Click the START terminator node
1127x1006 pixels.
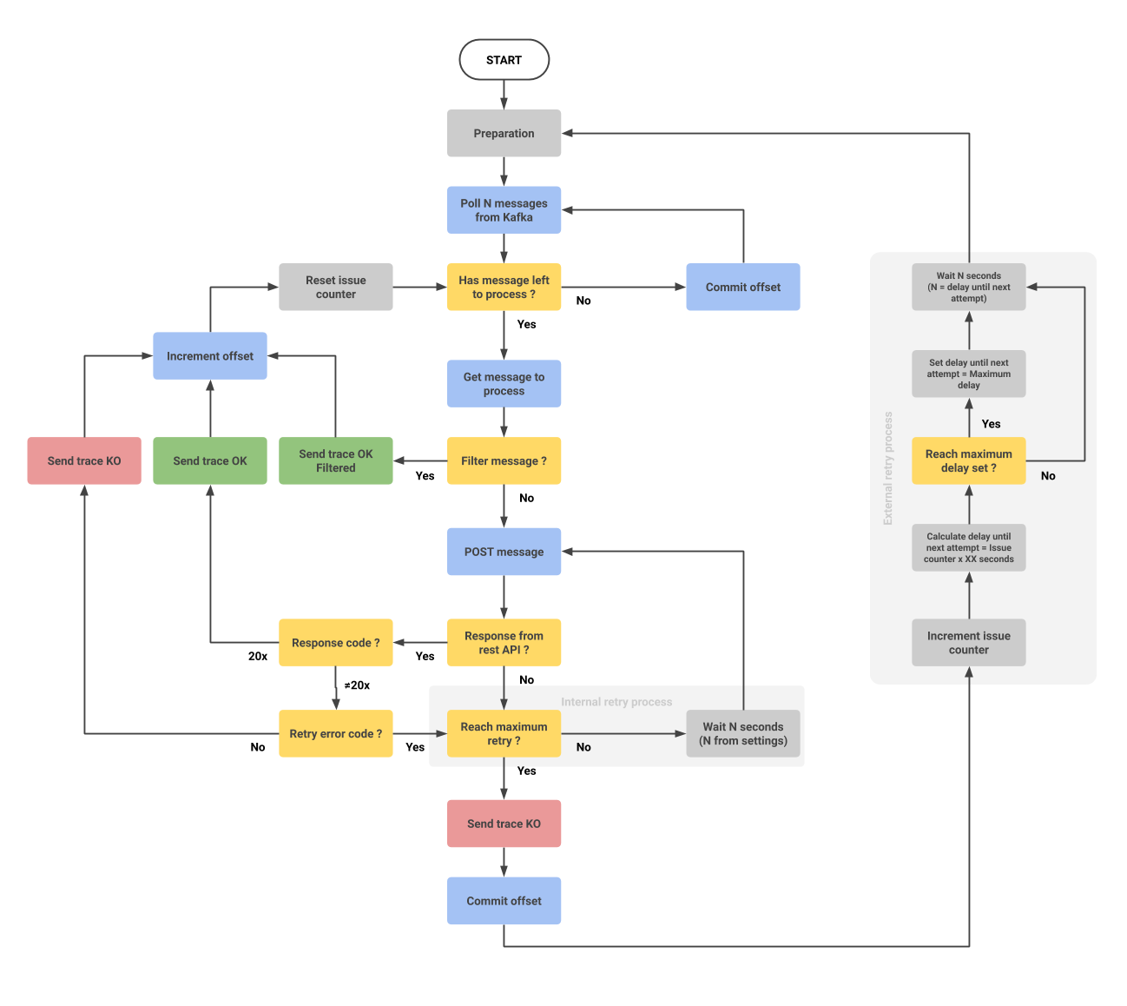pyautogui.click(x=504, y=60)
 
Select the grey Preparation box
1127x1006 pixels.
pyautogui.click(x=504, y=133)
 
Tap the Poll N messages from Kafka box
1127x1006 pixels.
pyautogui.click(x=504, y=210)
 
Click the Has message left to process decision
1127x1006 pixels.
pyautogui.click(x=504, y=287)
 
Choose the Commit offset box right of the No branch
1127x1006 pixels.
pyautogui.click(x=742, y=287)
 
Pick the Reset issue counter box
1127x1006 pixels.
pyautogui.click(x=335, y=287)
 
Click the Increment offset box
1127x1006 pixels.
pyautogui.click(x=210, y=356)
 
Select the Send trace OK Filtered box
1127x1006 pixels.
pyautogui.click(x=335, y=460)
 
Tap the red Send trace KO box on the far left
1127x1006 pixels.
pyautogui.click(x=84, y=460)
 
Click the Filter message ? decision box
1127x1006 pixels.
pyautogui.click(x=504, y=460)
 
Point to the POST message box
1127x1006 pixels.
pyautogui.click(x=504, y=552)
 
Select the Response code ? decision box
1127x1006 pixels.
pyautogui.click(x=335, y=643)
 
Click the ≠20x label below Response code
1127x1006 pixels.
pyautogui.click(x=357, y=685)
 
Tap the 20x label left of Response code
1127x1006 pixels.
pyautogui.click(x=258, y=657)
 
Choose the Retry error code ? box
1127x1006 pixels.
pyautogui.click(x=335, y=734)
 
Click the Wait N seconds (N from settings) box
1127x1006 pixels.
pyautogui.click(x=742, y=734)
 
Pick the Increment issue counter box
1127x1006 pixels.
pyautogui.click(x=968, y=643)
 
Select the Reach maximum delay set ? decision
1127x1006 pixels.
pyautogui.click(x=968, y=460)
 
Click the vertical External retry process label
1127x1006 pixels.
pyautogui.click(x=887, y=468)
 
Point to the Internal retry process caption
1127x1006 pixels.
pyautogui.click(x=616, y=702)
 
